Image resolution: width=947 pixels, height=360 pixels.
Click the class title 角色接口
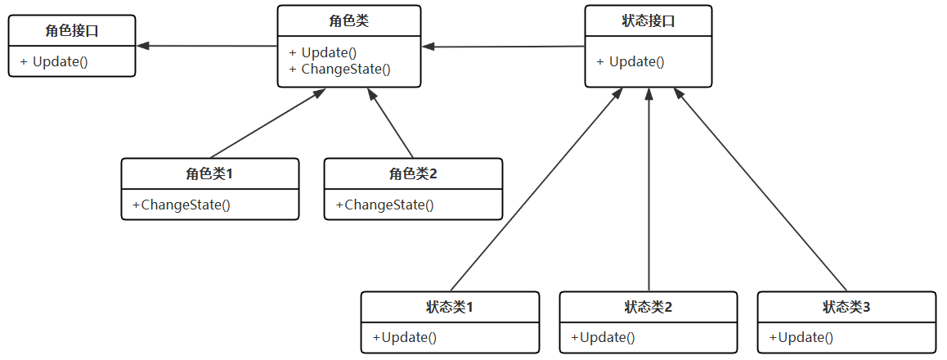(x=72, y=31)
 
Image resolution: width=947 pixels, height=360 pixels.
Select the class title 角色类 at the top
(x=349, y=21)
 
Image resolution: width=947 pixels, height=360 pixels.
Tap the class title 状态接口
(x=649, y=21)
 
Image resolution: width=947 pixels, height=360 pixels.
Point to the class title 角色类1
(x=210, y=173)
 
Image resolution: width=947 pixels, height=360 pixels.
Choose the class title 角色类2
(x=413, y=173)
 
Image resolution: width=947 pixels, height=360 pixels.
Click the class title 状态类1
(x=450, y=307)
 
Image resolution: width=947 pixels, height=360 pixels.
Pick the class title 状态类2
(x=649, y=307)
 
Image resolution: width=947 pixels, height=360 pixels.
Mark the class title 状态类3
(x=846, y=307)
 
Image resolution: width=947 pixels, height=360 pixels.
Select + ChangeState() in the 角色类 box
(x=339, y=69)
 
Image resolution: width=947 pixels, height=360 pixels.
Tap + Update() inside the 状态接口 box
(x=631, y=61)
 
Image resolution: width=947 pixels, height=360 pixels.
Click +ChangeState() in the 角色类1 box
(x=182, y=205)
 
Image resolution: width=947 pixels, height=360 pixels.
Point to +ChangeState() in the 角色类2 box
(x=384, y=205)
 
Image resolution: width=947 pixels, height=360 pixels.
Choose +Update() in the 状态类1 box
(x=405, y=337)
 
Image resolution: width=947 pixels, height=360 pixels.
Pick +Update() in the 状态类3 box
(x=801, y=337)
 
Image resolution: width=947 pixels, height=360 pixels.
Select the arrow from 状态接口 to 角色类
(x=504, y=47)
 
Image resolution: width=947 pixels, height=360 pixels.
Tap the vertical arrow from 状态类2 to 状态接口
(x=649, y=188)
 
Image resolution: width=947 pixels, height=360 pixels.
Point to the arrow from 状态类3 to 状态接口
(x=761, y=188)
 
